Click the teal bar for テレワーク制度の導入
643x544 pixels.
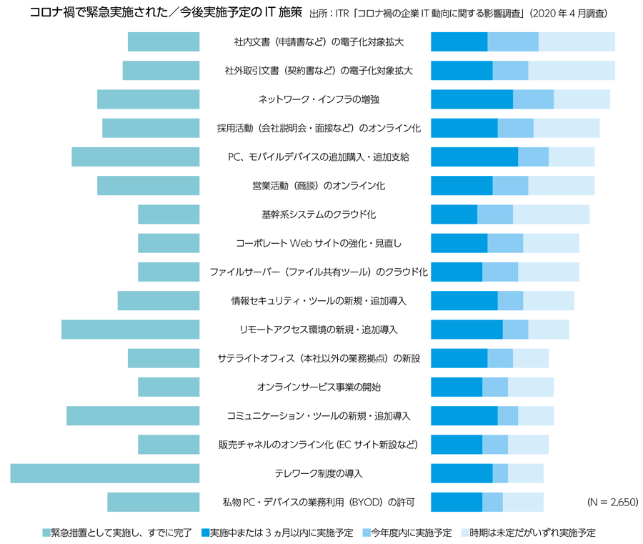pos(105,473)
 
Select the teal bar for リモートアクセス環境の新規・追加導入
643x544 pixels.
pos(130,330)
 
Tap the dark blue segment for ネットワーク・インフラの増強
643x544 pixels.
pos(472,99)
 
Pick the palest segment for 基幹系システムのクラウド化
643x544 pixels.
pos(551,214)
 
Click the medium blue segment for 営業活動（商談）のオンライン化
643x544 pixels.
pos(510,186)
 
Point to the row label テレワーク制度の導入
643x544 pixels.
pos(319,473)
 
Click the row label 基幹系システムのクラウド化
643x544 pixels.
pos(319,214)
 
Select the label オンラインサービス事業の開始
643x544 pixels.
pos(319,387)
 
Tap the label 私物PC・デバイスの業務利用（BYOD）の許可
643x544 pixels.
pos(319,502)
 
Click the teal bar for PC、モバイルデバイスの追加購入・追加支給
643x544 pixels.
pos(135,157)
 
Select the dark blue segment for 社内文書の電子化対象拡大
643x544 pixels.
pos(459,42)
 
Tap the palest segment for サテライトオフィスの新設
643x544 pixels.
pos(531,358)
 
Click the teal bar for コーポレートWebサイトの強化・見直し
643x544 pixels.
pos(169,243)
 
